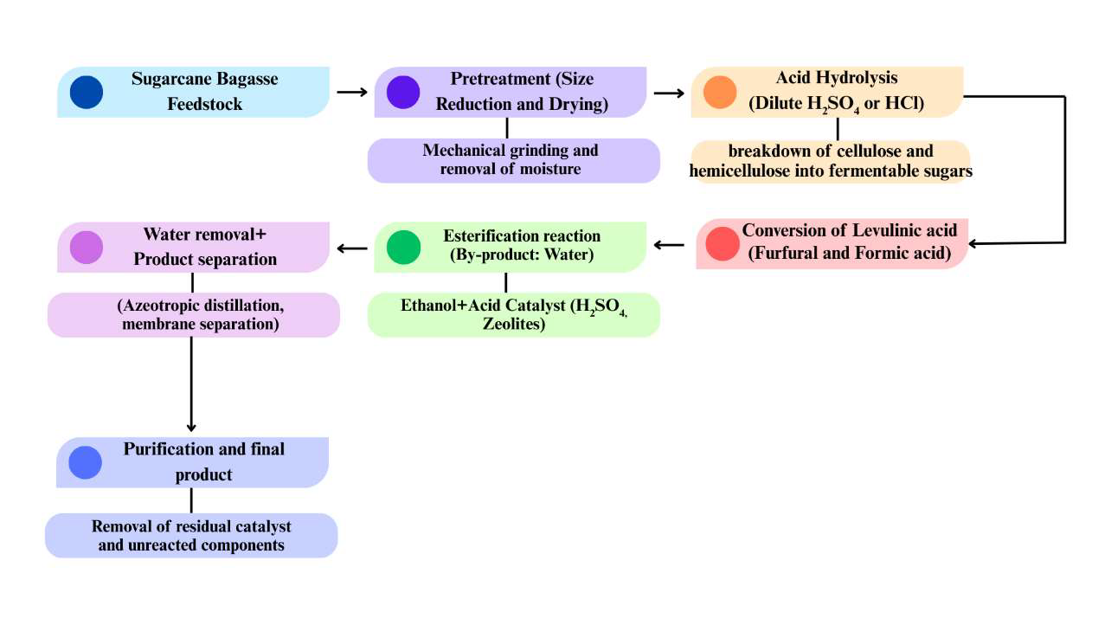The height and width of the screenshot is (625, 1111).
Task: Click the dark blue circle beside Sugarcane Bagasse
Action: tap(87, 93)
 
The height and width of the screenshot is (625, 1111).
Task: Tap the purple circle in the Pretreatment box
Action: tap(403, 93)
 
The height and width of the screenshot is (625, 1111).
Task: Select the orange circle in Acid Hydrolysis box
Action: tap(719, 93)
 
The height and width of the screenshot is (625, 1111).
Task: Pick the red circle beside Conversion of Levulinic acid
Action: tap(722, 243)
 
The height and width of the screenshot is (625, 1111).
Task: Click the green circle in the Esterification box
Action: tap(403, 247)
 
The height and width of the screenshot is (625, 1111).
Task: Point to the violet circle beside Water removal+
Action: tap(87, 247)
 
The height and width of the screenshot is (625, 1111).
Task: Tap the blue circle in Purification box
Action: tap(86, 462)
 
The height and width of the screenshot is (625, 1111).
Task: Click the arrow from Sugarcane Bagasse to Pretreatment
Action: tap(351, 92)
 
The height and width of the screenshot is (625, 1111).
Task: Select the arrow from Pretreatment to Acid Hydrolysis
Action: tap(668, 92)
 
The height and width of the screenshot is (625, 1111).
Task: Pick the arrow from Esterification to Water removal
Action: tap(351, 249)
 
